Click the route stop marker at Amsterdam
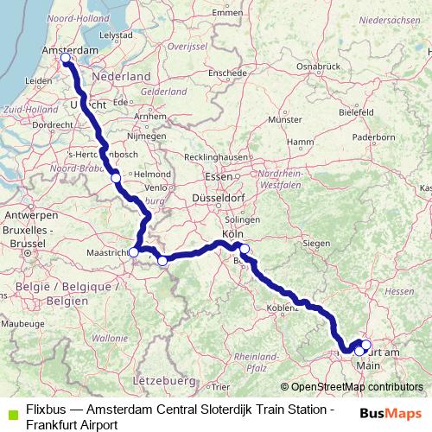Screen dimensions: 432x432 click(66, 59)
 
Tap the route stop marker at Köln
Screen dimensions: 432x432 click(244, 250)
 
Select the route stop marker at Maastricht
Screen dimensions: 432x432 click(134, 251)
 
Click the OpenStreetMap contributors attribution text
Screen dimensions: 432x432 click(352, 386)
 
